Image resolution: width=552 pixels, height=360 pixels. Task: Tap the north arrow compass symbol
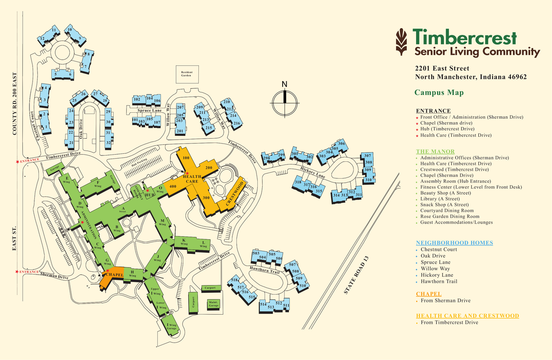click(x=285, y=101)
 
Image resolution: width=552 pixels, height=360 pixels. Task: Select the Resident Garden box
click(x=186, y=74)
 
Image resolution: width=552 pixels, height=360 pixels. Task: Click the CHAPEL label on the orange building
click(x=115, y=275)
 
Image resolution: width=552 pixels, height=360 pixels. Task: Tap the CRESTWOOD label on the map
click(x=235, y=193)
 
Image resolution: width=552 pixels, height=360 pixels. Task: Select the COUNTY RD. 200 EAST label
click(x=16, y=105)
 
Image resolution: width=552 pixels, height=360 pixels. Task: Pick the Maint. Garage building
click(x=214, y=304)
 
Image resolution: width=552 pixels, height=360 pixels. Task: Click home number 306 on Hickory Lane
click(x=341, y=143)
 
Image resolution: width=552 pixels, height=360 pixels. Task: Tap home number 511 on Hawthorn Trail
click(x=286, y=306)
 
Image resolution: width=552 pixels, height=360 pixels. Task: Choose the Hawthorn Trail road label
click(x=264, y=269)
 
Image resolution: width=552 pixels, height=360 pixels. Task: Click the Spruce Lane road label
click(x=149, y=110)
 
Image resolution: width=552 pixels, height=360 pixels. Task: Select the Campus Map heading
click(x=439, y=93)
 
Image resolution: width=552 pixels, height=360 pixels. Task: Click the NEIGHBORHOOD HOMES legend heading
click(x=454, y=243)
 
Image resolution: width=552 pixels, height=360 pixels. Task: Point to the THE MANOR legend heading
click(x=435, y=151)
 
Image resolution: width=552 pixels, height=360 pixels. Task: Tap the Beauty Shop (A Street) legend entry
click(x=445, y=193)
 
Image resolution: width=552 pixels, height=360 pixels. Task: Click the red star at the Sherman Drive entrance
click(x=17, y=272)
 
